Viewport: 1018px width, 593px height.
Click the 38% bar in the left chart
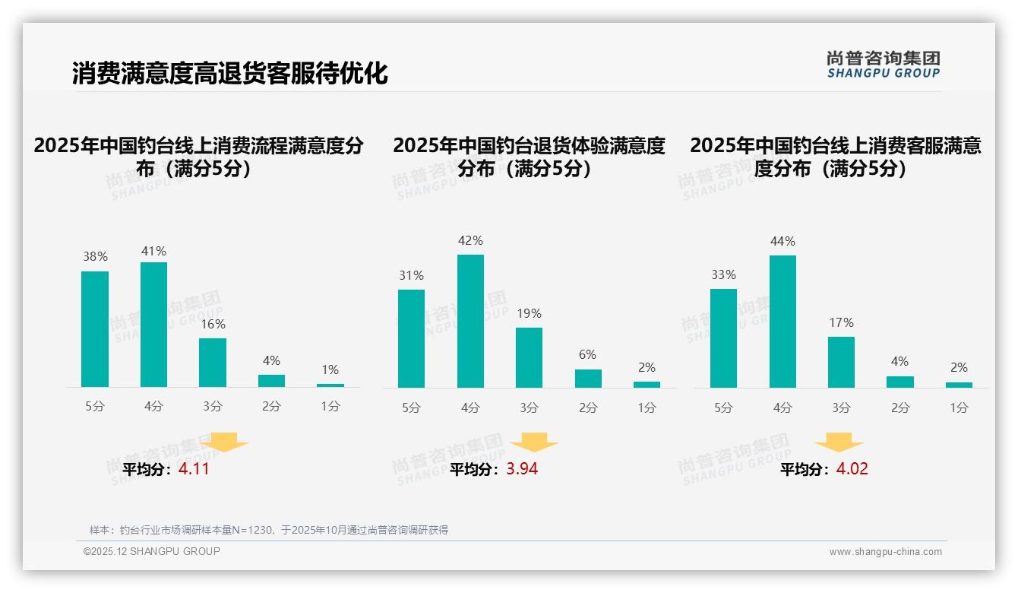point(95,328)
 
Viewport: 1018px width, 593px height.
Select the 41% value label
point(153,251)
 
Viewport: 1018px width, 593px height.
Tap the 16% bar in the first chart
point(213,362)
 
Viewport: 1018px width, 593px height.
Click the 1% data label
point(330,369)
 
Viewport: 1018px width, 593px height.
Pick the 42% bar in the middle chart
point(470,321)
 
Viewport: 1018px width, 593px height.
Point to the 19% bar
point(529,357)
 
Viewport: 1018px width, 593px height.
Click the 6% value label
point(587,354)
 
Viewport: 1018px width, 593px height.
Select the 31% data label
point(411,275)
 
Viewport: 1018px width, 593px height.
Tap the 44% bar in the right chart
point(782,321)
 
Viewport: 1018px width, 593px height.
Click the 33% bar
point(723,338)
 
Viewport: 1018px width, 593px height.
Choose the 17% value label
point(841,322)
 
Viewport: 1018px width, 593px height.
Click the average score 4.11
point(194,469)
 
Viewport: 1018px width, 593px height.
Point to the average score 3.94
point(522,469)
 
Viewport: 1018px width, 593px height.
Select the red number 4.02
point(852,469)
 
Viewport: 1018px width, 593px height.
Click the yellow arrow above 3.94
point(534,442)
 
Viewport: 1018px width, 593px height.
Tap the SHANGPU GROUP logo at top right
point(884,64)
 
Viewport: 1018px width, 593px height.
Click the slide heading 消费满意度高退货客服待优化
point(230,73)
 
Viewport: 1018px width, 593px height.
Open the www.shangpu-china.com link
point(885,552)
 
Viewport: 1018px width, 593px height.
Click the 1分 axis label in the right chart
point(959,407)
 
